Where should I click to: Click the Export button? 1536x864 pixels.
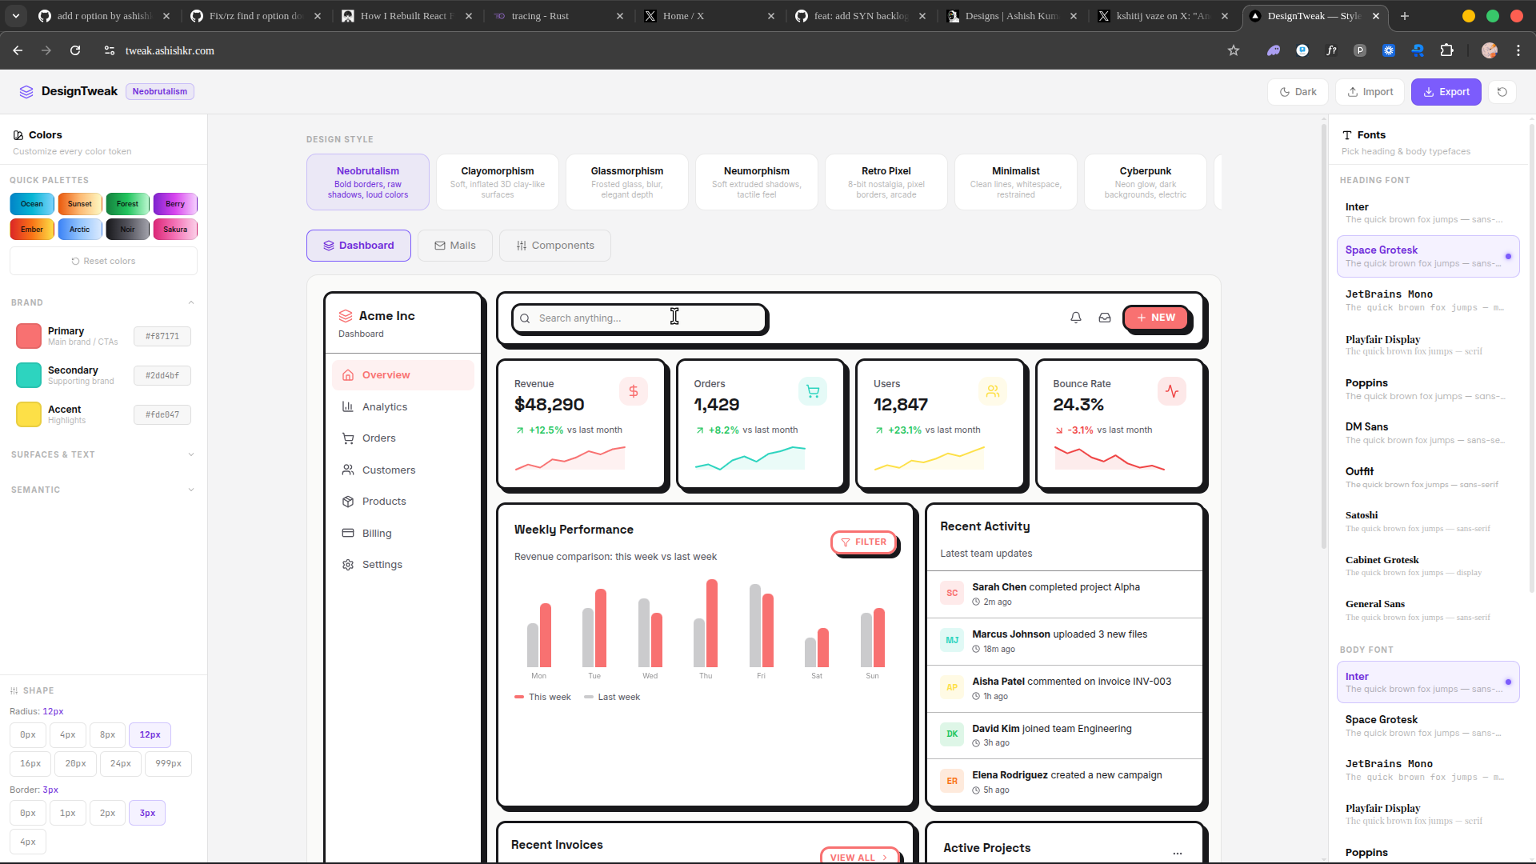1446,92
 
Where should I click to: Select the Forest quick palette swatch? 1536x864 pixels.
127,204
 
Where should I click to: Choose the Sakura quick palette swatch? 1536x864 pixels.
175,230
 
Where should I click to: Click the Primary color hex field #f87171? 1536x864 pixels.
162,337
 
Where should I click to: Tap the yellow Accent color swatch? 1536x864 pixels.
29,414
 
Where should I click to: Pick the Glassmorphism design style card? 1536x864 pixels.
626,182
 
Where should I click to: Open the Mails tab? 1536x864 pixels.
454,246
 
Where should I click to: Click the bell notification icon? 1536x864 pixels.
1076,318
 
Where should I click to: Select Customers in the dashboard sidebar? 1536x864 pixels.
388,470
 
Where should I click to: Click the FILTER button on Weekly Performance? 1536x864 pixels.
863,542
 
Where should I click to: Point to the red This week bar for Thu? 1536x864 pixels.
711,624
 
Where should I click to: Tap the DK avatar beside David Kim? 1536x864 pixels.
952,734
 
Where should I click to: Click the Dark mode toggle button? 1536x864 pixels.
1298,92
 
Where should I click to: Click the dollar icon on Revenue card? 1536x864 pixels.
633,391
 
